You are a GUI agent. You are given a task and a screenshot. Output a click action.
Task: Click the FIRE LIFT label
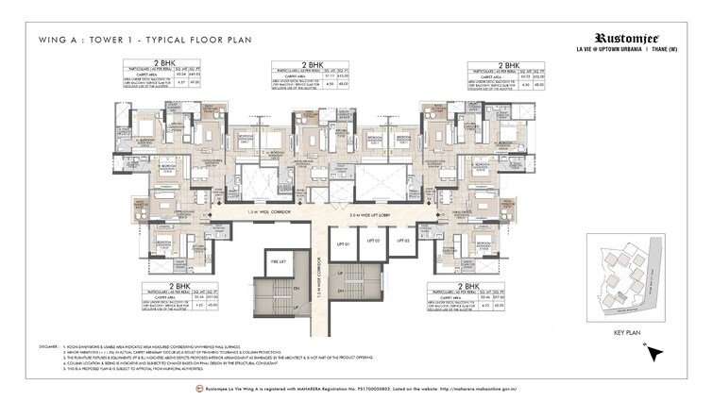click(278, 263)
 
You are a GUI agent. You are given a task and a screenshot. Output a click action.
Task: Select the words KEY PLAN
click(628, 333)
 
